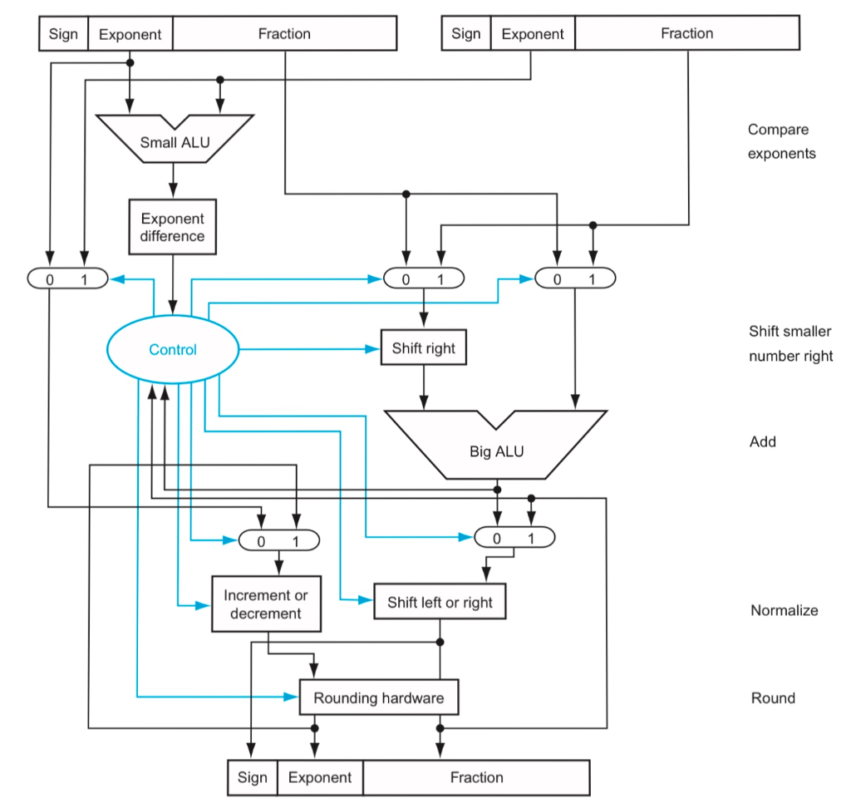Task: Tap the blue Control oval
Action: (173, 349)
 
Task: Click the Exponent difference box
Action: (172, 227)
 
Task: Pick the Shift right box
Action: (423, 348)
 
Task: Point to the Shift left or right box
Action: (440, 603)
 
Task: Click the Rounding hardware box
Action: (378, 698)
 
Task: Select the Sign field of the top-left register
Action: (63, 34)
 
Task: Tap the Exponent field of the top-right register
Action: (533, 34)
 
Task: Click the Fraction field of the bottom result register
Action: (476, 778)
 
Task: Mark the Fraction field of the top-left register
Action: (284, 34)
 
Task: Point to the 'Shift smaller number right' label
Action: (790, 344)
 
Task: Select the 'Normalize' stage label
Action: (784, 610)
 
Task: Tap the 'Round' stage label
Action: (773, 698)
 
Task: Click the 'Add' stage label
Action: (762, 441)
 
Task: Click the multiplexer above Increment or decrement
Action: (278, 540)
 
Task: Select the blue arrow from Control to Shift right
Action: (307, 349)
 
